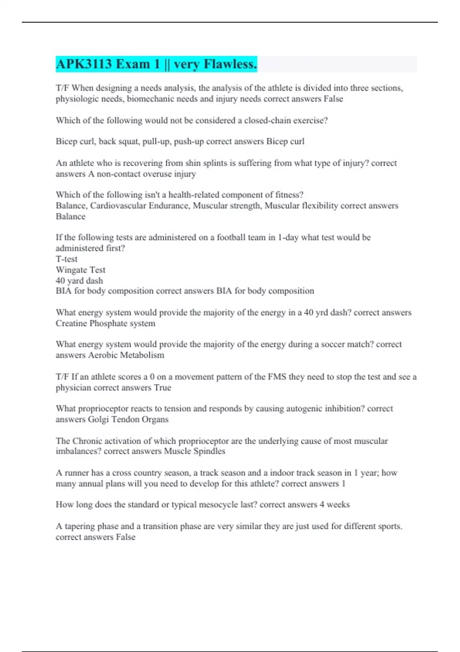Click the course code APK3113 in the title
pyautogui.click(x=84, y=64)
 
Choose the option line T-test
pyautogui.click(x=67, y=259)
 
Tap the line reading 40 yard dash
pyautogui.click(x=79, y=280)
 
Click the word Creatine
pyautogui.click(x=71, y=323)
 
